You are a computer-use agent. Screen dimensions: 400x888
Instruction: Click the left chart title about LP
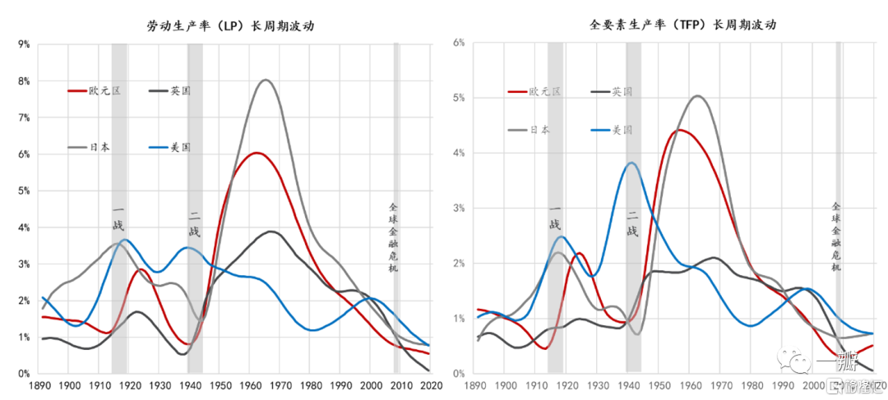point(230,26)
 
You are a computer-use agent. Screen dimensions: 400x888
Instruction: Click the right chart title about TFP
point(671,25)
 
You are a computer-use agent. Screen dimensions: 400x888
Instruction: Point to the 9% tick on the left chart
point(23,44)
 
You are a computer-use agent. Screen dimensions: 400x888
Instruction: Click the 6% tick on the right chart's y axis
point(459,42)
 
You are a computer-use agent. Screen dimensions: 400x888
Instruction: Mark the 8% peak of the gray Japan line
point(266,80)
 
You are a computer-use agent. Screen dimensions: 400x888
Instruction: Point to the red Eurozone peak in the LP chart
point(257,153)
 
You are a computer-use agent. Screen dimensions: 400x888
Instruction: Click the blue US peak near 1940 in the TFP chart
point(631,163)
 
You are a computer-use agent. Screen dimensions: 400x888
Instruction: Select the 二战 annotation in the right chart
point(631,224)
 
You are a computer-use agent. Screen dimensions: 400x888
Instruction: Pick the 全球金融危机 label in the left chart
point(393,238)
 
